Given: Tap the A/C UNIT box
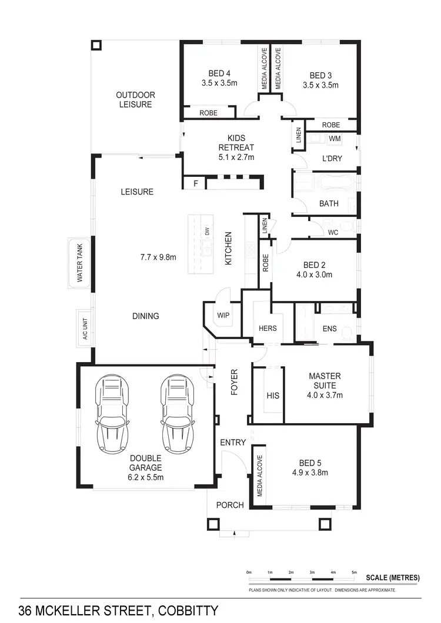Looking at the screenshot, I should pos(84,327).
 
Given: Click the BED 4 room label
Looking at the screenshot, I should pos(219,73).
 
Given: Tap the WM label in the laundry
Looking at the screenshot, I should pos(335,139).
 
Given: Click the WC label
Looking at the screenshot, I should pos(333,232).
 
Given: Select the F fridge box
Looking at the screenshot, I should pos(196,184).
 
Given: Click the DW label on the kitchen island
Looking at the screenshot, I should pos(207,232).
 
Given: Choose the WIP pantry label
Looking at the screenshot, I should pos(223,315).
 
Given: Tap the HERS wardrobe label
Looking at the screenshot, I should pos(268,328).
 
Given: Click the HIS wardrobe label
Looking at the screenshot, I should pos(273,396).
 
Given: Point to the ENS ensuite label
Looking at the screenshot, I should pos(329,328).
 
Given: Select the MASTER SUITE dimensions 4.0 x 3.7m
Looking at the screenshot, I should pos(325,395).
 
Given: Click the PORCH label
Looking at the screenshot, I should pos(230,504).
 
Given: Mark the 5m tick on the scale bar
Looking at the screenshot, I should pos(354,572).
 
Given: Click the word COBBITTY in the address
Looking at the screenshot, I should pos(187,610).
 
